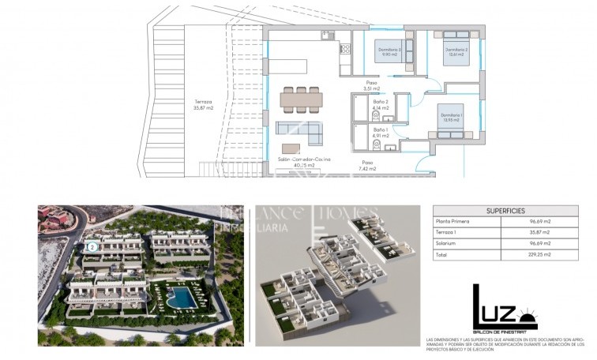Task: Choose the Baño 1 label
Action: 380,132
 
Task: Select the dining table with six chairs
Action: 302,99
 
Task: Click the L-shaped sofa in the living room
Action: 300,132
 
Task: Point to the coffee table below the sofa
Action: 291,148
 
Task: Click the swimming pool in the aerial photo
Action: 181,298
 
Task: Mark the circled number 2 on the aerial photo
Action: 92,246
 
